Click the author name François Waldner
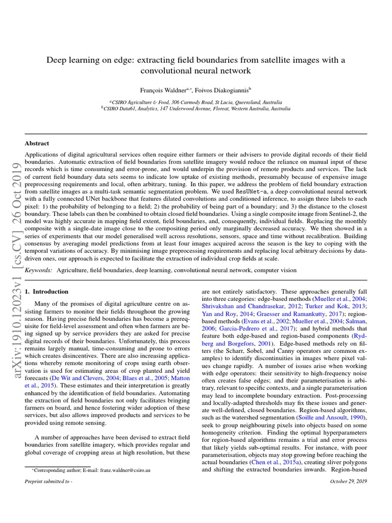158,89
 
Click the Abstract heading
37,144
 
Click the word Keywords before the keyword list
38,269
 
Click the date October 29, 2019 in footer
349,481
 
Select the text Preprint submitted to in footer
46,481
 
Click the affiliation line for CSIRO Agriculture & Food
196,102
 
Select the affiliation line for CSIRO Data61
196,109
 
